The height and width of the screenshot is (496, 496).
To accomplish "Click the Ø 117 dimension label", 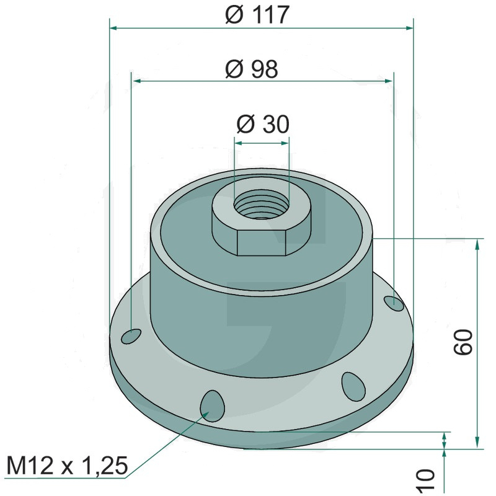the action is tap(257, 14).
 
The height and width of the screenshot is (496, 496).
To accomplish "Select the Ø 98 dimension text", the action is tap(252, 69).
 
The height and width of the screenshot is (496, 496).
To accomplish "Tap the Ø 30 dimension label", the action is tap(263, 124).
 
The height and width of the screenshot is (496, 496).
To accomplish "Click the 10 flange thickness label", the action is tap(427, 482).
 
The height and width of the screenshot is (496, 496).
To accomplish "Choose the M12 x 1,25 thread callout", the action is tap(67, 466).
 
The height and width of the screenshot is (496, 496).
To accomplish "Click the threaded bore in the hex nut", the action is tap(261, 205).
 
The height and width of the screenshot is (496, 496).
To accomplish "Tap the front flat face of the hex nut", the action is tap(262, 242).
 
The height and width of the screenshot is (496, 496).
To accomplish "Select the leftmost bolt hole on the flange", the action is tap(131, 336).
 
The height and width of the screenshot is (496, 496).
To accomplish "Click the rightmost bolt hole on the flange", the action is tap(394, 304).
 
